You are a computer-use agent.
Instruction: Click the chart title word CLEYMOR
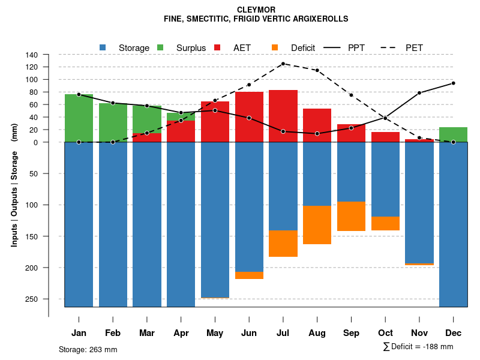pyautogui.click(x=256, y=10)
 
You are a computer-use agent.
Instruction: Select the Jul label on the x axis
pyautogui.click(x=283, y=333)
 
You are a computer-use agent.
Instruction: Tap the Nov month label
pyautogui.click(x=419, y=333)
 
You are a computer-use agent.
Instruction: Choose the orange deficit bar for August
pyautogui.click(x=317, y=225)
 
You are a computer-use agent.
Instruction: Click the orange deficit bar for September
pyautogui.click(x=351, y=216)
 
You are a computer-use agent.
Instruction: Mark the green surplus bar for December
pyautogui.click(x=453, y=134)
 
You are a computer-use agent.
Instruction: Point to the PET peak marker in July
pyautogui.click(x=283, y=64)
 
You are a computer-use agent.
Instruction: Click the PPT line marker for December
pyautogui.click(x=453, y=83)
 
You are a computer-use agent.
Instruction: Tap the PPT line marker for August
pyautogui.click(x=317, y=133)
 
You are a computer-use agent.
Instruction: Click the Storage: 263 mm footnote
pyautogui.click(x=88, y=349)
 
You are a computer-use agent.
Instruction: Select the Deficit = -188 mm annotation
pyautogui.click(x=418, y=347)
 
